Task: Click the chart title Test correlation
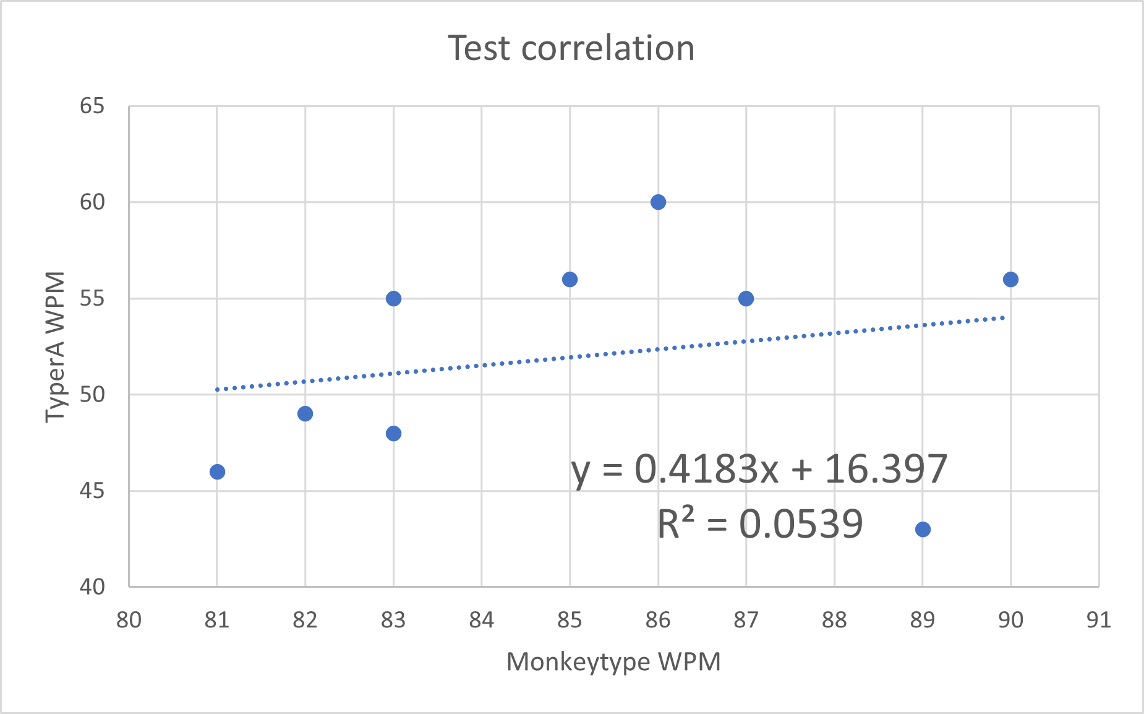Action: (x=571, y=48)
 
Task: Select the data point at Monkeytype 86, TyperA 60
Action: (x=658, y=202)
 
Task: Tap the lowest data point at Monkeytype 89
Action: (x=923, y=529)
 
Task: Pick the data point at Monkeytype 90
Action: (x=1010, y=280)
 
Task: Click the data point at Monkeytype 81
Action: (x=217, y=472)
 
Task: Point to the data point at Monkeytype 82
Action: (x=305, y=414)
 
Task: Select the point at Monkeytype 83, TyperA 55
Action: (x=393, y=299)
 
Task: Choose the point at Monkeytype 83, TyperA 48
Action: (x=393, y=434)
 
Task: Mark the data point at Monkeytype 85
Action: (x=570, y=280)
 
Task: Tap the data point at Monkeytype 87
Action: (x=746, y=299)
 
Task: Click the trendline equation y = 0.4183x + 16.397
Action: (x=759, y=469)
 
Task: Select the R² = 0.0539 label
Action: (x=759, y=524)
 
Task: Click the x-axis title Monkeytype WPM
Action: (x=613, y=661)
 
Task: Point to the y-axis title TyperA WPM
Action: (x=55, y=346)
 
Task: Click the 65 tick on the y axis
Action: (x=92, y=106)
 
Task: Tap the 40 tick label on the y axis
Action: (x=92, y=587)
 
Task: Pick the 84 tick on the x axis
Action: (x=481, y=620)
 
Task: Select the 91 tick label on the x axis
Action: (x=1098, y=620)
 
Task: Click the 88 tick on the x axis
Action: (x=834, y=620)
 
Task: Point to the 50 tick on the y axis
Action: (x=92, y=395)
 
